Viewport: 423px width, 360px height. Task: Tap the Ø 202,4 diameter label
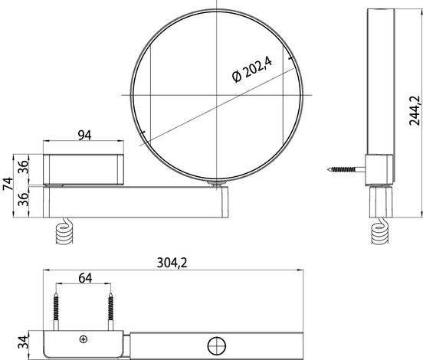(x=253, y=70)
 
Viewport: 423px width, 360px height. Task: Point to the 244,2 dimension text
(x=415, y=112)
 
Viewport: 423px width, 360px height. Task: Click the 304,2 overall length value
(x=173, y=263)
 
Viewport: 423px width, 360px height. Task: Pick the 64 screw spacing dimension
(x=86, y=278)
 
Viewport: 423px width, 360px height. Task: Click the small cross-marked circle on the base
(x=84, y=339)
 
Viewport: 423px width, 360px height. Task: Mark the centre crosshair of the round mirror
(x=218, y=94)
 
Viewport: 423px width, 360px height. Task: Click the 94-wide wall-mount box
(x=82, y=168)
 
